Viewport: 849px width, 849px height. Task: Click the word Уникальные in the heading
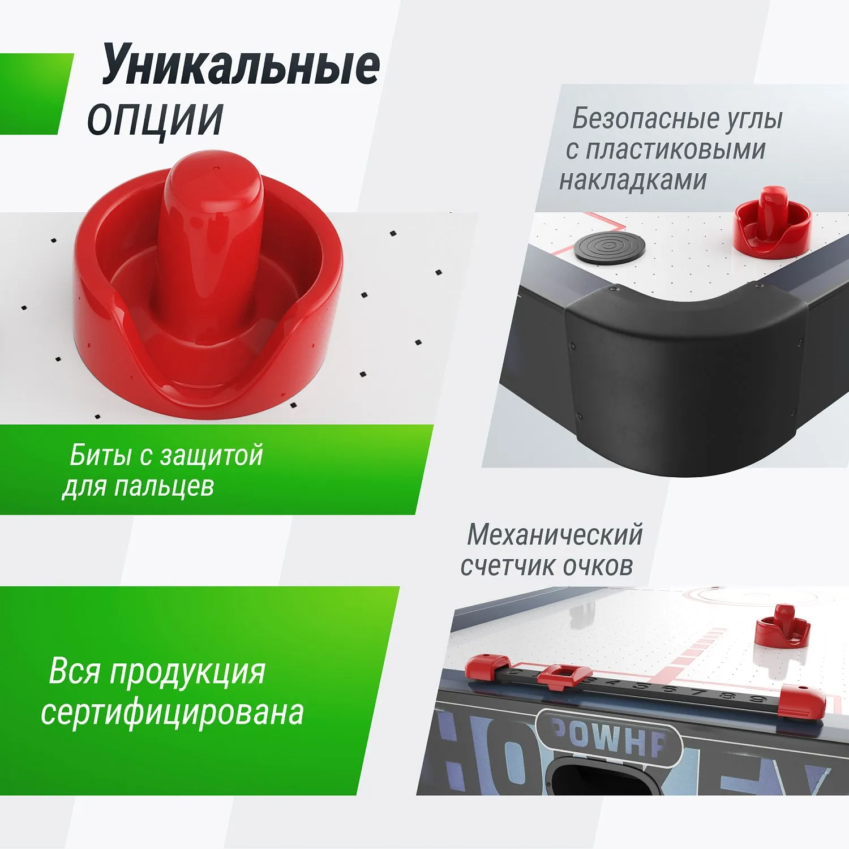pos(241,67)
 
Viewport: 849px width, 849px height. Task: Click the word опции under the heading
pos(155,119)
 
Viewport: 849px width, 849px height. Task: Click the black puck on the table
pos(609,248)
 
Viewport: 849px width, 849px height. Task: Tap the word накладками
pos(633,181)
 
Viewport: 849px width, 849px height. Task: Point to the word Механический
pos(555,535)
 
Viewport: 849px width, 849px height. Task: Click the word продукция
pos(187,672)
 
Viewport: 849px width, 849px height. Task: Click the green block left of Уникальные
pos(34,93)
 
